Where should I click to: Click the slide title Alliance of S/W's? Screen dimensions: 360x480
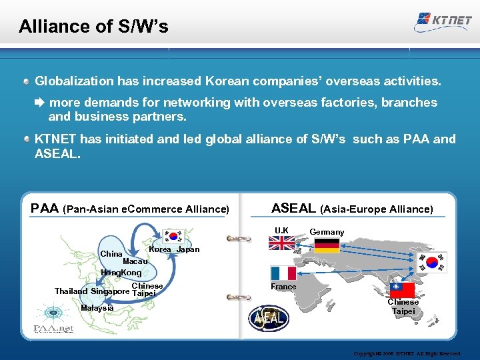pos(93,27)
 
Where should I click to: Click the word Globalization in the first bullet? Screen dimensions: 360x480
pos(74,81)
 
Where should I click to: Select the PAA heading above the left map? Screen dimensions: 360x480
pos(45,209)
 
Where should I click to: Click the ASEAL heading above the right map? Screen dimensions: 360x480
pos(294,208)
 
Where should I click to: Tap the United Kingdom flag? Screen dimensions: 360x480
pos(281,243)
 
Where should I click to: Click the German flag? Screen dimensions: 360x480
pos(327,245)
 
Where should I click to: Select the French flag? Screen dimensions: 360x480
pos(283,273)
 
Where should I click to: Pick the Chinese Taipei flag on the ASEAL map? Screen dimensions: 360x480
pos(402,290)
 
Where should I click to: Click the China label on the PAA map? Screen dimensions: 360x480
pos(111,254)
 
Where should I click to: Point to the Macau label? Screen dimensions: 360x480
pos(135,262)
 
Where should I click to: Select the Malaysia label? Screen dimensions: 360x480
pos(97,307)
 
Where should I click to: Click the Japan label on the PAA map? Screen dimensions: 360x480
pos(187,249)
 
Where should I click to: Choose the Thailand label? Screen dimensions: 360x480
pos(71,291)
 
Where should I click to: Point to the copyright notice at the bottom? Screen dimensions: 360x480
pos(415,353)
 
